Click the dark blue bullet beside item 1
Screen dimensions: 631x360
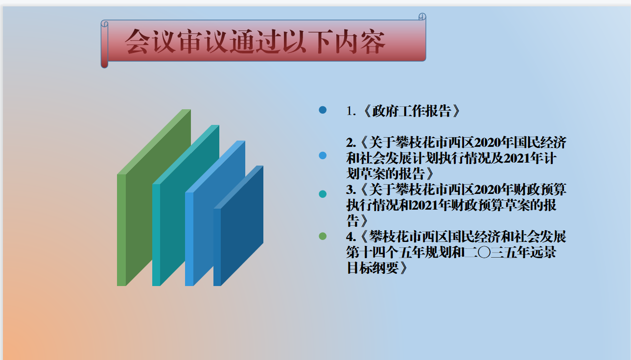(x=323, y=110)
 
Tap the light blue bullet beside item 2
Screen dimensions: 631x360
(x=323, y=155)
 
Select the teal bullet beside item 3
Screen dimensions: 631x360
(x=323, y=194)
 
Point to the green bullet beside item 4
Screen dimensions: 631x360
(x=323, y=236)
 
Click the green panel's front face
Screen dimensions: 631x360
(x=121, y=230)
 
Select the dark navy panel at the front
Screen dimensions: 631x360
(x=242, y=225)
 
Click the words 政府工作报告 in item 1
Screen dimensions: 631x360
(x=412, y=111)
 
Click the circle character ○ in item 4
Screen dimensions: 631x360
(x=484, y=252)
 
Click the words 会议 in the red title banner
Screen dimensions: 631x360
(x=150, y=42)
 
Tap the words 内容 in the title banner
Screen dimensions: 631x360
(x=360, y=42)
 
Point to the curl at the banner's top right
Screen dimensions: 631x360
(x=422, y=17)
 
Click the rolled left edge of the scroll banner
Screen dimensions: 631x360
(x=104, y=44)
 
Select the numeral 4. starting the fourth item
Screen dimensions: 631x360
(x=351, y=237)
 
